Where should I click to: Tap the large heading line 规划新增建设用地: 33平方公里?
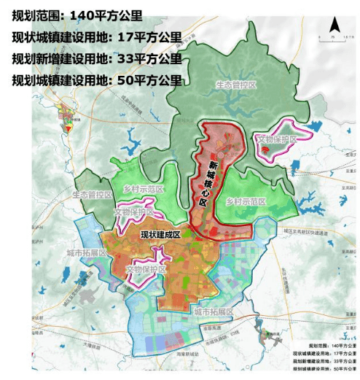[96, 58]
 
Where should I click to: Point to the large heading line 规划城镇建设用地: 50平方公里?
[96, 80]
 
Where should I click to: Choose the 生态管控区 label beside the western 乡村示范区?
[92, 195]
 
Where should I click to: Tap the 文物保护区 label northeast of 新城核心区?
[278, 139]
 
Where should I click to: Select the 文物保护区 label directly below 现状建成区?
[146, 269]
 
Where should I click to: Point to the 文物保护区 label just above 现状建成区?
[135, 212]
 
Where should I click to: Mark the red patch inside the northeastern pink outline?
[267, 150]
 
